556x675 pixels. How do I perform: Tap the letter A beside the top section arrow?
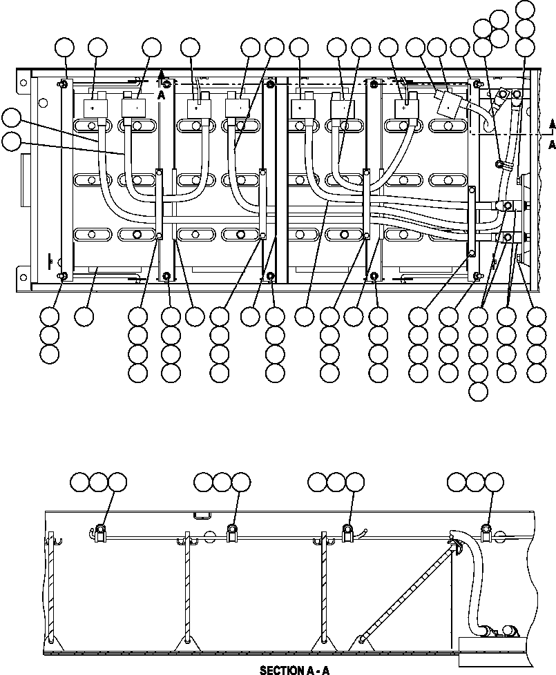point(162,97)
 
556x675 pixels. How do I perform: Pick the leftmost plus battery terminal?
point(93,108)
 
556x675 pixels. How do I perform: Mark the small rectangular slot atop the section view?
point(202,514)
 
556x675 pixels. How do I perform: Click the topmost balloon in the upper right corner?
point(525,9)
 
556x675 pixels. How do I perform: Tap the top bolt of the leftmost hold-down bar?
point(63,84)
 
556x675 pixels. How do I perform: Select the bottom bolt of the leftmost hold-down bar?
point(63,277)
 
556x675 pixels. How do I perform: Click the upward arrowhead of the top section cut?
point(162,72)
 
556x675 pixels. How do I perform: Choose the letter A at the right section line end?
point(552,144)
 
